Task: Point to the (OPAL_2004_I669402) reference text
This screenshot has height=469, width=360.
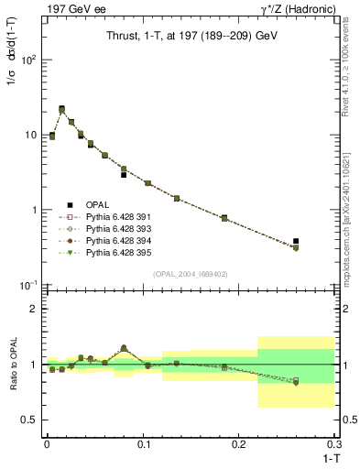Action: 190,273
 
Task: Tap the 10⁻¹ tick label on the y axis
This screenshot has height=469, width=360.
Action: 27,285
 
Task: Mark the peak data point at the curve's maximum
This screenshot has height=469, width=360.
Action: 61,109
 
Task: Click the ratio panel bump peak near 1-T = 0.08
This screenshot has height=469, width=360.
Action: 124,348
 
